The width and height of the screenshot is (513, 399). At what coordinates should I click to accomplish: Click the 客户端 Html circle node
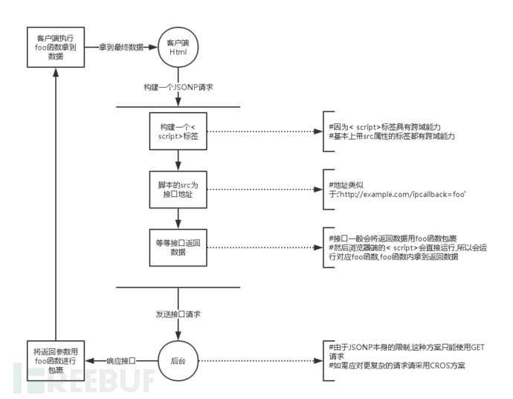coord(176,47)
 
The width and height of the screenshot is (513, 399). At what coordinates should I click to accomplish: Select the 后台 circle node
coord(176,360)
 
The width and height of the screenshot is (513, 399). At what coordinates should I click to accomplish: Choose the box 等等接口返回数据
coord(176,247)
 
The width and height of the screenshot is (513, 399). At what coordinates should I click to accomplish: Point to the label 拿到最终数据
coord(123,47)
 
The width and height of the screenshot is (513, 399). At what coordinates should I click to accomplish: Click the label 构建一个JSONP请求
coord(176,87)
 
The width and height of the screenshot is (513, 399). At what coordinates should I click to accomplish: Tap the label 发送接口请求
coord(176,314)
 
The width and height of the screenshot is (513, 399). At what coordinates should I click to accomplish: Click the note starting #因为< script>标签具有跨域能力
coord(386,127)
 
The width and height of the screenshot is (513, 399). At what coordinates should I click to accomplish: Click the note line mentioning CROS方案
coord(398,366)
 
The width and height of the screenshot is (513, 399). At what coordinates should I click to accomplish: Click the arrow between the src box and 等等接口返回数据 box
coord(176,218)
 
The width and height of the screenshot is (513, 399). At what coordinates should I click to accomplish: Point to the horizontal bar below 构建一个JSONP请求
coord(176,106)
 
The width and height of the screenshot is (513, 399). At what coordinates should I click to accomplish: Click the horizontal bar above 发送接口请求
coord(176,285)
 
